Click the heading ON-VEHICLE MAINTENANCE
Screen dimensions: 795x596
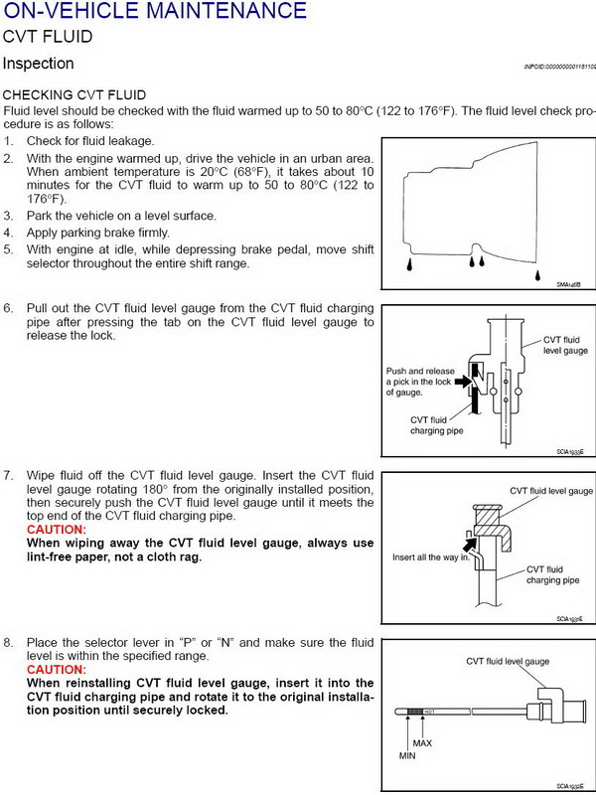pos(154,12)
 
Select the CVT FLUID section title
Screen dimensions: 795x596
pos(48,37)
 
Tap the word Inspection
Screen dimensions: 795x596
pos(38,64)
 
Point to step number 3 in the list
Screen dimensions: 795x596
pos(8,216)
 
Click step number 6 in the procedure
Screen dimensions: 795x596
pos(8,309)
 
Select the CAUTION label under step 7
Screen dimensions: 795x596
pos(56,530)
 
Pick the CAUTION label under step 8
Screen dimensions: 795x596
pos(56,670)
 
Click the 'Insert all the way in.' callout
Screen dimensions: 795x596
pos(431,556)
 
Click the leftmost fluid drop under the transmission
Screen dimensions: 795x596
pos(409,265)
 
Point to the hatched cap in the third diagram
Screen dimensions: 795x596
pos(491,519)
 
